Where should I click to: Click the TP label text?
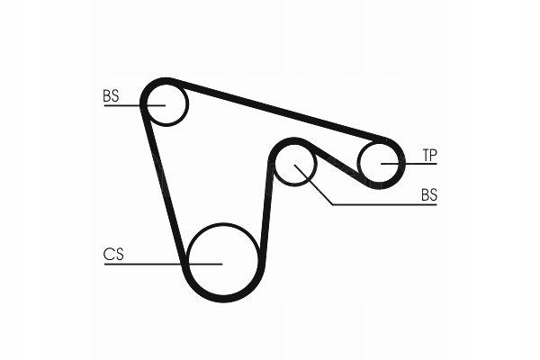pos(429,156)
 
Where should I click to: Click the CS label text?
pos(112,255)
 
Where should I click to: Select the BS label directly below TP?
pos(429,194)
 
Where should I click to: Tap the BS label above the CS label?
pos(111,95)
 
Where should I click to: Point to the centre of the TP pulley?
pos(381,163)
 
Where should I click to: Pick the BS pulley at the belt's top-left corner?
pos(166,103)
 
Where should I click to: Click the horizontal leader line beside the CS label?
pos(162,264)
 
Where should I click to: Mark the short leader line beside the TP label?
pos(409,163)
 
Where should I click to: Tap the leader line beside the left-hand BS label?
pos(126,105)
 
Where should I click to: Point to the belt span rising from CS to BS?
pos(266,207)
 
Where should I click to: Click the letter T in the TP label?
pos(425,156)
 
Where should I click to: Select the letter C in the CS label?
pos(108,255)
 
